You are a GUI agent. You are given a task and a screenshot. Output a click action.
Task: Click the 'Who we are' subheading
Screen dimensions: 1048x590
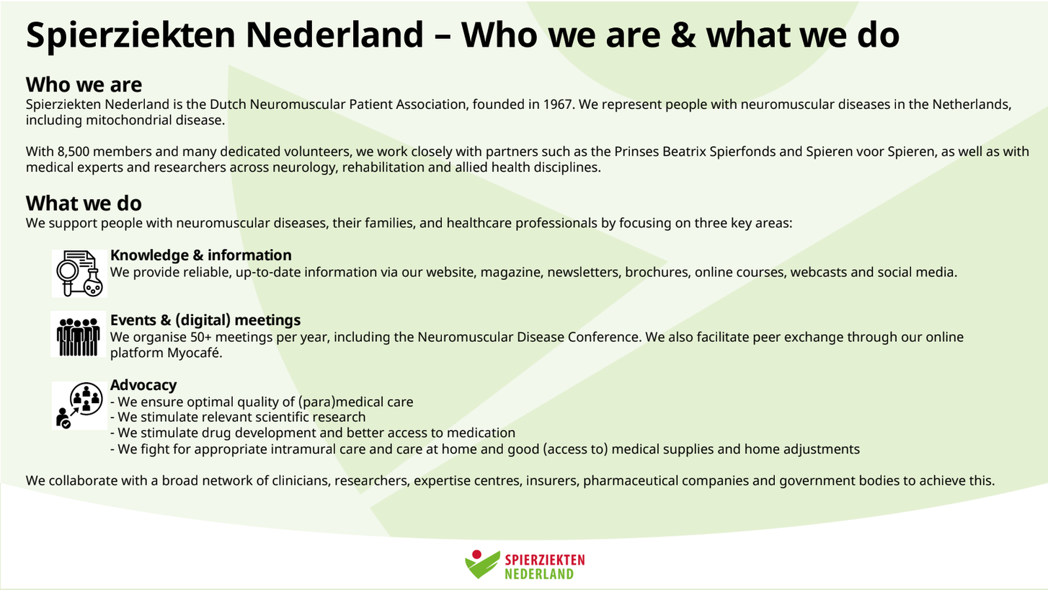(x=84, y=85)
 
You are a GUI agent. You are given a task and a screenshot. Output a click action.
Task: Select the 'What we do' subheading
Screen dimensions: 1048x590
(x=84, y=203)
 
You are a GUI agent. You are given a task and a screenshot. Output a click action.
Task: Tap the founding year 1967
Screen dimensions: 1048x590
(x=559, y=105)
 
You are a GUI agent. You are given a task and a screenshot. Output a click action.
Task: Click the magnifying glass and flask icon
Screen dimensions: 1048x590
(x=79, y=273)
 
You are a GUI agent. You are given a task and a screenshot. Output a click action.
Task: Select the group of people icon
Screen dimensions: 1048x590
(x=78, y=335)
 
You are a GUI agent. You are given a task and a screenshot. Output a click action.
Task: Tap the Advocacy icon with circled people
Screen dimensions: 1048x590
(x=79, y=405)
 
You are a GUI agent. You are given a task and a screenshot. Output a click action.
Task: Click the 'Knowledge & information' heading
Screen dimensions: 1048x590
(x=200, y=255)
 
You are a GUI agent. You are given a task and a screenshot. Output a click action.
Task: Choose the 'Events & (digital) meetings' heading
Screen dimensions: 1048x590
(x=205, y=320)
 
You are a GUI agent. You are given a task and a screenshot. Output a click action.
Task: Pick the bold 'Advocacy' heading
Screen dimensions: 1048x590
(x=143, y=385)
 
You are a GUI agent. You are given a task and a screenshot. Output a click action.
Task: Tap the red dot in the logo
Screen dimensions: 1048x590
(x=476, y=555)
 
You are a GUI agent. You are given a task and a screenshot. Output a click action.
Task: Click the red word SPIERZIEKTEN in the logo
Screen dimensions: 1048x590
(x=545, y=560)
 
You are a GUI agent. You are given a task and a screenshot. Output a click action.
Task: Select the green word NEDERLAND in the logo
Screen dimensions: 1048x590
(x=539, y=574)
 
